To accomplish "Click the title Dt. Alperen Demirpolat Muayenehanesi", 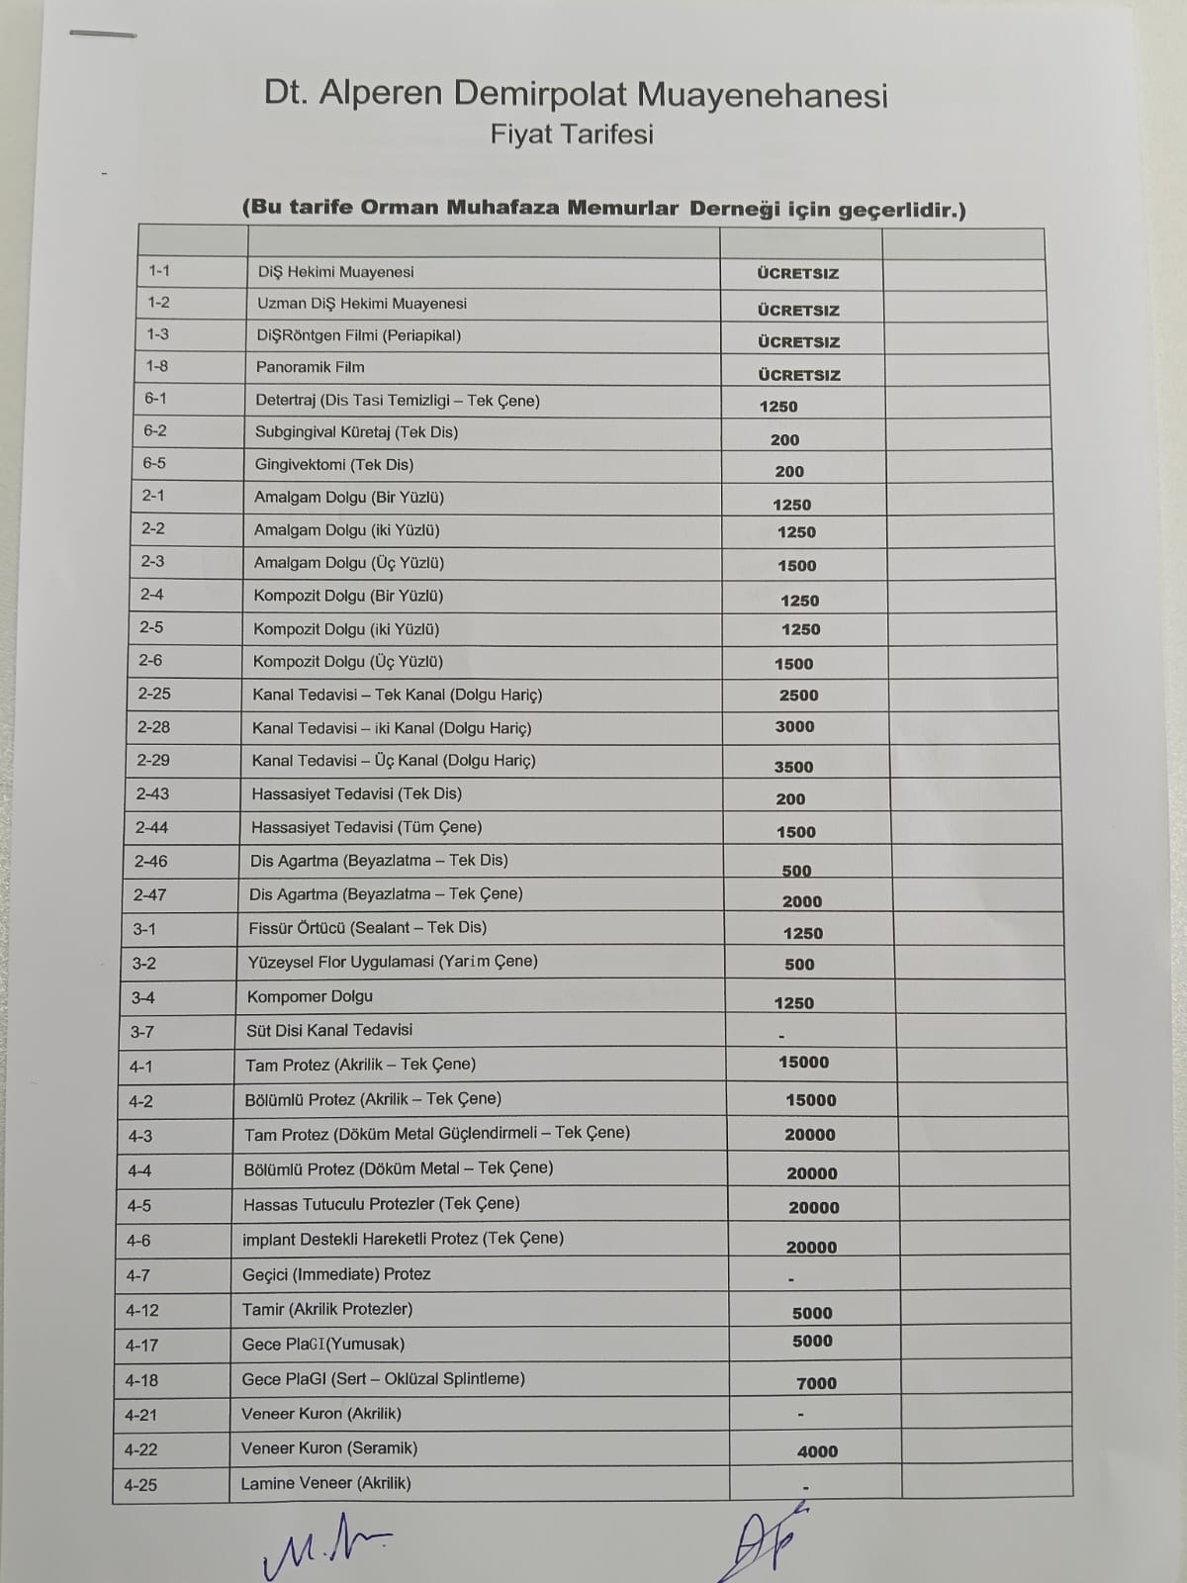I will click(576, 94).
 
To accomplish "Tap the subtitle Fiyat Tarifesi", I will click(572, 135).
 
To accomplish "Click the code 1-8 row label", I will click(157, 366).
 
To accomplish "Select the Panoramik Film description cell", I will click(311, 367).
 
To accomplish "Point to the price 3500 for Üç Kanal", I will click(793, 767).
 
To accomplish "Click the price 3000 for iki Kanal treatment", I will click(794, 726).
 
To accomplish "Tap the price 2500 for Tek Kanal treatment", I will click(798, 696).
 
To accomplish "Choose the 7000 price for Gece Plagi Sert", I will click(816, 1383).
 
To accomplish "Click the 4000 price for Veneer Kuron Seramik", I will click(817, 1451).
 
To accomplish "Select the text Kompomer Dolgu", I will click(310, 996).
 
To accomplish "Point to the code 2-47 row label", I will click(150, 894).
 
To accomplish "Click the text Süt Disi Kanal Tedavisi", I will click(329, 1030).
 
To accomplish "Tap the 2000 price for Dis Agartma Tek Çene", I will click(801, 901).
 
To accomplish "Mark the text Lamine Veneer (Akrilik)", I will click(325, 1483).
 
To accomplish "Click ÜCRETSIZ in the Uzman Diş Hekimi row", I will click(798, 310).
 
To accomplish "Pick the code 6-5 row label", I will click(154, 463).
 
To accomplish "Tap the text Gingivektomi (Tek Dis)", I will click(334, 464).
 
